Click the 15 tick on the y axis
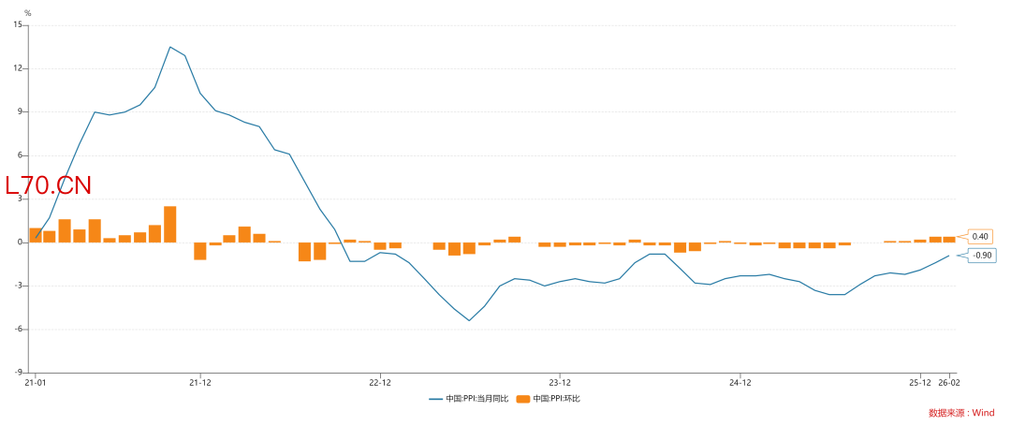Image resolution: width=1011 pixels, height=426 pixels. click(18, 25)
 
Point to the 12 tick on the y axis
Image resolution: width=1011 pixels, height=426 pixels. click(18, 68)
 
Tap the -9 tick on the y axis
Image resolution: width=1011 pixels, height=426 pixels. click(19, 372)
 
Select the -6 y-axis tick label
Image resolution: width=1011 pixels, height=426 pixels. click(19, 329)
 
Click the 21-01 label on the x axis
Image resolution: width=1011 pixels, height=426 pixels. click(35, 382)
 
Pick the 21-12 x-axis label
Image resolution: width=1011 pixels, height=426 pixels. click(199, 382)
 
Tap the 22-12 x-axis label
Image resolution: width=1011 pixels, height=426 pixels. click(379, 382)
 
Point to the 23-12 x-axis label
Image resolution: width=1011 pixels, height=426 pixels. click(559, 382)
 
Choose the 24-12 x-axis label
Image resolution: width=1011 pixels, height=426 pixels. click(740, 382)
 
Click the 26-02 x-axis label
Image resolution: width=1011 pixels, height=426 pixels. click(949, 382)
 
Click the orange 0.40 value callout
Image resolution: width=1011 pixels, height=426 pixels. click(980, 237)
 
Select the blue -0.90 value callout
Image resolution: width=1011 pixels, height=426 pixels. click(982, 256)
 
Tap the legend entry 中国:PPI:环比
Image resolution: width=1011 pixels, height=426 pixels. click(556, 399)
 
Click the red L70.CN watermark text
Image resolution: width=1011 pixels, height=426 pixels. click(49, 185)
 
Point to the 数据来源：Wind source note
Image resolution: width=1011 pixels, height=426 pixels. click(961, 412)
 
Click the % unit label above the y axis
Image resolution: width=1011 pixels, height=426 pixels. click(27, 13)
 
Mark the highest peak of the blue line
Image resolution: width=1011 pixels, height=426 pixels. click(169, 47)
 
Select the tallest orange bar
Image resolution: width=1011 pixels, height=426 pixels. click(169, 224)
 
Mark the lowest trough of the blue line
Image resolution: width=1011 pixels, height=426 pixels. click(469, 320)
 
